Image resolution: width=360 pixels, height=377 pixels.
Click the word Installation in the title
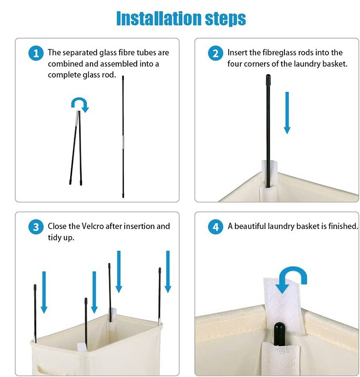point(159,18)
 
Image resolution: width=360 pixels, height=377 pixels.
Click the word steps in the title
point(225,19)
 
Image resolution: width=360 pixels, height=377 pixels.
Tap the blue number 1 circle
point(36,53)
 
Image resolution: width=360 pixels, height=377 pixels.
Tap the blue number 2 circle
point(216,53)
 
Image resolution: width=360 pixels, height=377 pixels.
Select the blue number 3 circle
point(36,227)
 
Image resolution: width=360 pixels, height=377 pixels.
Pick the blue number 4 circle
point(216,227)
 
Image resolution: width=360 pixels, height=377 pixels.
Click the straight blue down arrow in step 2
point(287,113)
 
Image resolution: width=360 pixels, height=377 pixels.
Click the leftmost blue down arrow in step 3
point(44,292)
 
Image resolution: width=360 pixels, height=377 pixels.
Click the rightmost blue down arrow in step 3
point(168,272)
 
